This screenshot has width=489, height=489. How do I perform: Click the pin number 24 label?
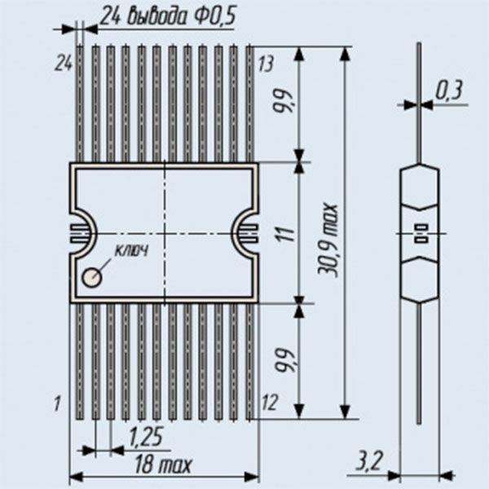[64, 64]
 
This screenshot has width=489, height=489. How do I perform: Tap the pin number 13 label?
[266, 64]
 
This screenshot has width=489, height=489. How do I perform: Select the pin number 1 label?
[57, 403]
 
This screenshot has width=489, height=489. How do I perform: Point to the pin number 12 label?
[270, 403]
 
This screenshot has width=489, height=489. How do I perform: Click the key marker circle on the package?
[92, 277]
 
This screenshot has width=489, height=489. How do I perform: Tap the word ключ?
[131, 250]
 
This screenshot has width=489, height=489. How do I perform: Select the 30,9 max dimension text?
[328, 240]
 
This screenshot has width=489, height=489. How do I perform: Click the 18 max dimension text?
[163, 465]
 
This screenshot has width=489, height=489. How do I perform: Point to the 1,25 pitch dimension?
[146, 437]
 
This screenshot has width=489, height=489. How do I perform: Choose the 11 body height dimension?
[289, 234]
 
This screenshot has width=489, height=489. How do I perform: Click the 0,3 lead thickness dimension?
[449, 91]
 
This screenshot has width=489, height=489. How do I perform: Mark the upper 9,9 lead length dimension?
[283, 101]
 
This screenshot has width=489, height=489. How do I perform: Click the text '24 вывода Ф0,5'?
[169, 16]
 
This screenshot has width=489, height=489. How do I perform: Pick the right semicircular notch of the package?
[246, 233]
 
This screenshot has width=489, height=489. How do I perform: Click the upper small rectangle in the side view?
[421, 227]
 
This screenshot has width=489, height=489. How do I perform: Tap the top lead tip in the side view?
[419, 42]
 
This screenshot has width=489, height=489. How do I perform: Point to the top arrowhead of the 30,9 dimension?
[345, 53]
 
